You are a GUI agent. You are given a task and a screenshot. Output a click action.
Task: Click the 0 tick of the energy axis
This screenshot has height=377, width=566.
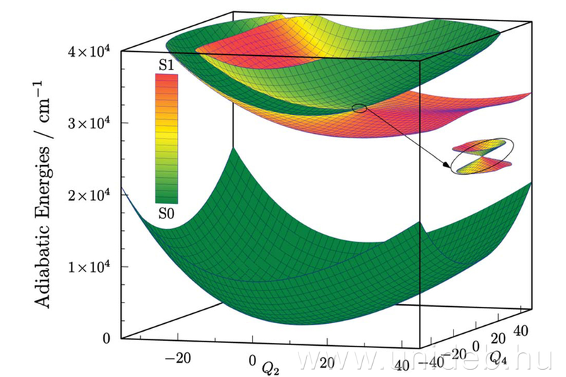105,338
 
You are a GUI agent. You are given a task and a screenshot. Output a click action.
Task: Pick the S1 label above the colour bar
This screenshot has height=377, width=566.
166,65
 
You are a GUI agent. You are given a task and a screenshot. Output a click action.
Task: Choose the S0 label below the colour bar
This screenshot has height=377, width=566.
166,212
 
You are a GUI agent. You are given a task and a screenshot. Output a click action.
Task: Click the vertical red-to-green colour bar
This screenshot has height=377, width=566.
166,138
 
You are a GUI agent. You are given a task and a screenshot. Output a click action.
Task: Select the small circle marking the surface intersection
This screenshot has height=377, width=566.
359,108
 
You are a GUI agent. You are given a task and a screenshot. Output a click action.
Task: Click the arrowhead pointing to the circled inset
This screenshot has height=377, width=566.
449,167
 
